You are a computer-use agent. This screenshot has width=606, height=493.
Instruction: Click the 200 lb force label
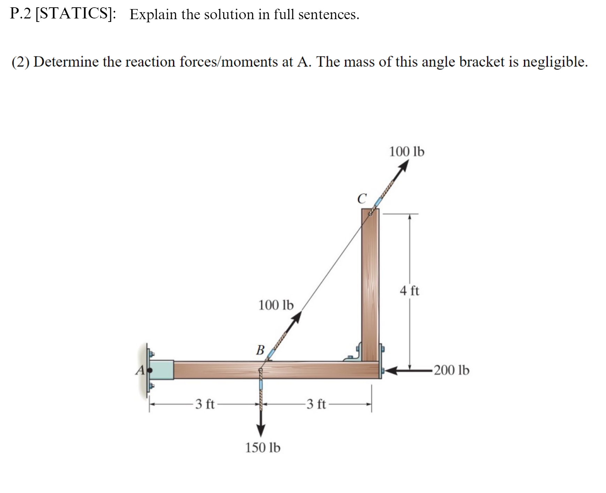pyautogui.click(x=451, y=370)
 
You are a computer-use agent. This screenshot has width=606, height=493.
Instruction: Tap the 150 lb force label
pyautogui.click(x=263, y=448)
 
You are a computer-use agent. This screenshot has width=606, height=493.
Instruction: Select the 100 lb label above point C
pyautogui.click(x=407, y=152)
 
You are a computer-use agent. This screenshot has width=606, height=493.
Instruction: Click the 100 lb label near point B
pyautogui.click(x=276, y=305)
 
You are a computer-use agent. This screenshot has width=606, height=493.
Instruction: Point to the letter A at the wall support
pyautogui.click(x=140, y=370)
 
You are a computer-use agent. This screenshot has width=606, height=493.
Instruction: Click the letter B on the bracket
pyautogui.click(x=260, y=350)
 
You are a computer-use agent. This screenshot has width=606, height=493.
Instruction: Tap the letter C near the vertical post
pyautogui.click(x=362, y=199)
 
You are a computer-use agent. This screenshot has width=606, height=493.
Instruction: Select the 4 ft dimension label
pyautogui.click(x=410, y=291)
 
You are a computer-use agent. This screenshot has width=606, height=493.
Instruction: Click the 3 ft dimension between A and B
pyautogui.click(x=205, y=404)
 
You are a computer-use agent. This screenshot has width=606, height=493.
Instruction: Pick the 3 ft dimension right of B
pyautogui.click(x=316, y=404)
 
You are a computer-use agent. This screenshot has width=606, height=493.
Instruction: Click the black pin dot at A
pyautogui.click(x=150, y=370)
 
